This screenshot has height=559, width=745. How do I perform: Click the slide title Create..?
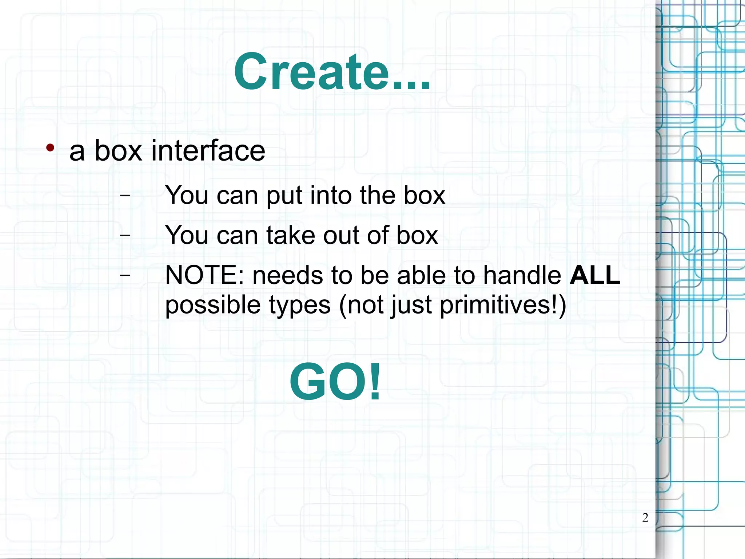pos(332,72)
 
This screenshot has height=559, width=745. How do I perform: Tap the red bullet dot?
pos(50,148)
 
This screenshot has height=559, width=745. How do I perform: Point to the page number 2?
pos(645,517)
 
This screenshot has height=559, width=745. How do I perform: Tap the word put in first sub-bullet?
pos(284,196)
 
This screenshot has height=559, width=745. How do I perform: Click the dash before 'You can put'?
pos(125,195)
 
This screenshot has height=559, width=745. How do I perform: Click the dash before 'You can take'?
pos(125,235)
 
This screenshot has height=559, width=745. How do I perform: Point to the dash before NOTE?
pos(125,275)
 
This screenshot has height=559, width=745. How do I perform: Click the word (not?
pos(361,305)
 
